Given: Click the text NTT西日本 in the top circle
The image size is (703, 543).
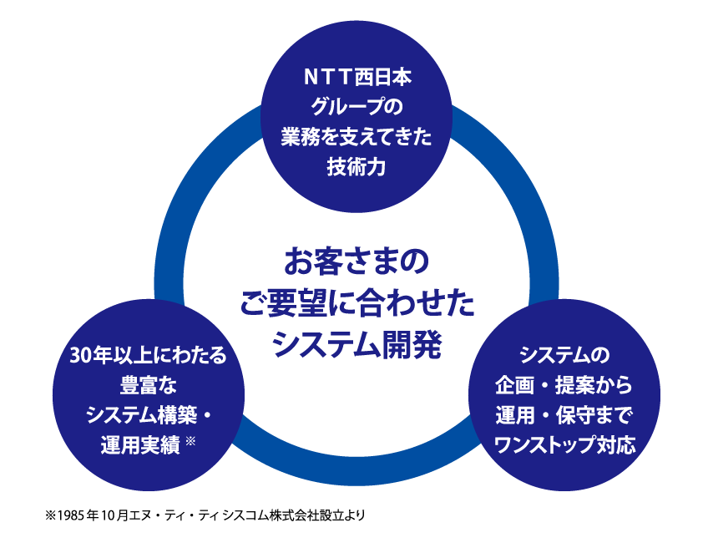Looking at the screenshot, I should pyautogui.click(x=357, y=79).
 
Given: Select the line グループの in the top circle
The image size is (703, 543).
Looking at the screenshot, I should pyautogui.click(x=357, y=108).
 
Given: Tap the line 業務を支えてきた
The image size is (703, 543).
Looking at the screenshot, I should pyautogui.click(x=357, y=137).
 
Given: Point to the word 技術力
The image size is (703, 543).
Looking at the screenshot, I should pyautogui.click(x=357, y=166).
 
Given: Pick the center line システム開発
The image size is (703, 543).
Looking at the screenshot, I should pyautogui.click(x=357, y=343).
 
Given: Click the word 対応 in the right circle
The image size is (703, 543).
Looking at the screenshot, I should pyautogui.click(x=617, y=444).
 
